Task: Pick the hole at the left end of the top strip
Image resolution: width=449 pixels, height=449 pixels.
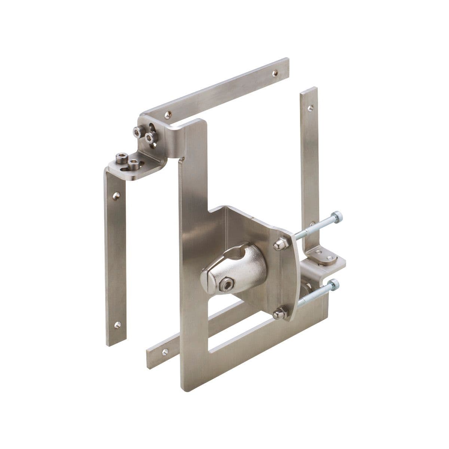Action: pos(168,113)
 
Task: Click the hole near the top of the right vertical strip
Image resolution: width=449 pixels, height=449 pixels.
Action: pos(309,108)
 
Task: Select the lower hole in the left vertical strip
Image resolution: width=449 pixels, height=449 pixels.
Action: pos(117,324)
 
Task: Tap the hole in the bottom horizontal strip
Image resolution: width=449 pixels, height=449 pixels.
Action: pos(164,351)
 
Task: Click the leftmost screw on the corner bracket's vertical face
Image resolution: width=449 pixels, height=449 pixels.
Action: pos(137,131)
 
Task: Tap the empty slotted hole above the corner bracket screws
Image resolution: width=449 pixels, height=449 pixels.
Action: pos(153,125)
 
